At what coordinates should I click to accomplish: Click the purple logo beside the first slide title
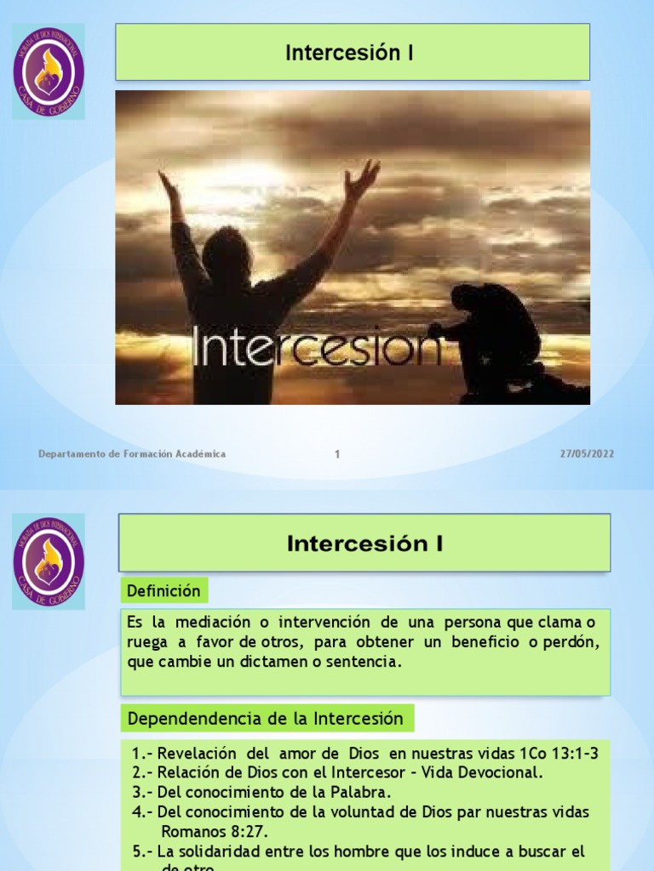tap(49, 71)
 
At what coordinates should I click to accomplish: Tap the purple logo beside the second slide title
tap(49, 561)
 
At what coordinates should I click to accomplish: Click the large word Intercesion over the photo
tap(317, 345)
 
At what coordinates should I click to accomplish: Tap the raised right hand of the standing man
tap(363, 179)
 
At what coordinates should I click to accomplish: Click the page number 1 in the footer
tap(337, 454)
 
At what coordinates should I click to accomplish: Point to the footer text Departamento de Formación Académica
tap(132, 454)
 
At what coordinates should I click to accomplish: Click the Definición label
tap(163, 590)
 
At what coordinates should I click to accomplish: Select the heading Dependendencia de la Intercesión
tap(265, 719)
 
